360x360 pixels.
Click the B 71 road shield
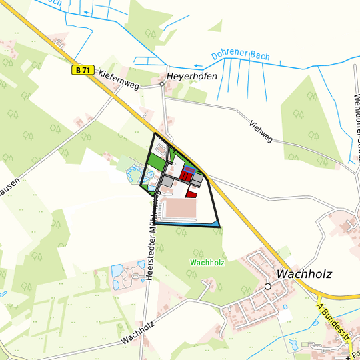coord(82,69)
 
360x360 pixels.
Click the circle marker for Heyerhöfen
coord(162,85)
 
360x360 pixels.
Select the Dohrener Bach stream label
coord(240,56)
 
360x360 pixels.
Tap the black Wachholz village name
coord(303,273)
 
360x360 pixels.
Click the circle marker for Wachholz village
coord(267,286)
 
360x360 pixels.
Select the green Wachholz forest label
coord(207,263)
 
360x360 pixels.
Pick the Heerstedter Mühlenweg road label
coord(152,241)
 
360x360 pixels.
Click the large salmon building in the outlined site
coord(179,208)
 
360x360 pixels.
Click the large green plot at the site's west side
coord(155,162)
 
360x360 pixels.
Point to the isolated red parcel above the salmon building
coord(191,194)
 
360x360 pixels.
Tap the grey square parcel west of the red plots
coord(167,181)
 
